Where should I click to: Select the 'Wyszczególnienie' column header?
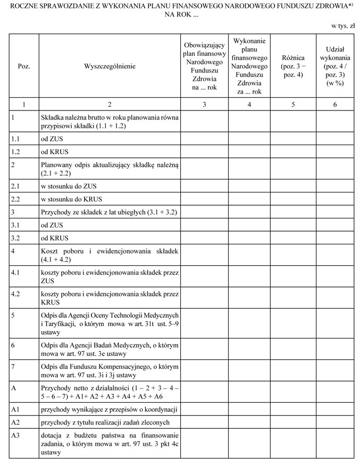click(x=110, y=66)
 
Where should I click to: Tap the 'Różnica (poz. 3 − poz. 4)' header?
click(x=292, y=66)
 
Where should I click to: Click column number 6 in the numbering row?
click(x=334, y=105)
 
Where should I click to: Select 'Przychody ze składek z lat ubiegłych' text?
click(x=108, y=212)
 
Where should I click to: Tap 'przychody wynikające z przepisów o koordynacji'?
click(x=108, y=410)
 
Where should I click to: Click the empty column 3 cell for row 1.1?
click(x=204, y=137)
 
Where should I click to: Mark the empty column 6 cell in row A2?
click(x=334, y=424)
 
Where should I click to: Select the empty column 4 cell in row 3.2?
click(x=249, y=238)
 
